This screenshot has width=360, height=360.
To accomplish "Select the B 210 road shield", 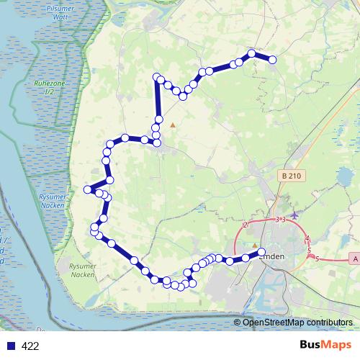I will coord(289,176).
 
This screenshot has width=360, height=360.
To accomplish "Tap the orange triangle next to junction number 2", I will coord(254,245).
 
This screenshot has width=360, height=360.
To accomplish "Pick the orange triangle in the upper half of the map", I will coord(173,125).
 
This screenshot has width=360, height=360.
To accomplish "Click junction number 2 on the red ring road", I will coord(246,225).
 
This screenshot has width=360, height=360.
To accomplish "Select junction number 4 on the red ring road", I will coord(307,238).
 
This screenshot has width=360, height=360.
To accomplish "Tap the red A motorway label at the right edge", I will coord(355,258).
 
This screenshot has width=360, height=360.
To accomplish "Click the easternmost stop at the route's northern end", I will coord(274,60).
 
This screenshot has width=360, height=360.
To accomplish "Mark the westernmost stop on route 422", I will coord(87,189).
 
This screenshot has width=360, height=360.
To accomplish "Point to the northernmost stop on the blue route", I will coord(252,53).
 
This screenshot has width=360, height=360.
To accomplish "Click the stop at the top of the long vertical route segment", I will coord(157,77).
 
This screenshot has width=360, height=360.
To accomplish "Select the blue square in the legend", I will coord(11,346).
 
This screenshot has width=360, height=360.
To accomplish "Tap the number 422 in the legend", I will coord(30,346).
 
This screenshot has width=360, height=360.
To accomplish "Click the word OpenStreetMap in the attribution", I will coord(272,322).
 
